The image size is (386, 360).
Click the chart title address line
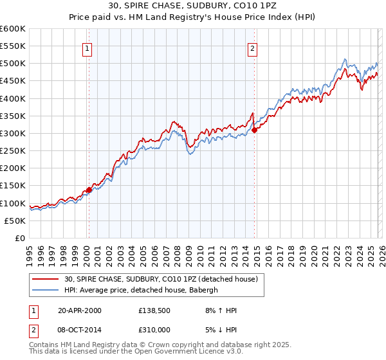click(x=193, y=6)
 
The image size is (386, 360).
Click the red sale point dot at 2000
click(x=89, y=190)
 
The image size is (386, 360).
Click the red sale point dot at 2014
click(x=254, y=130)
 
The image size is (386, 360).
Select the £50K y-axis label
click(x=15, y=221)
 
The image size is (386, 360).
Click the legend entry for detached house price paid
click(x=161, y=279)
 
